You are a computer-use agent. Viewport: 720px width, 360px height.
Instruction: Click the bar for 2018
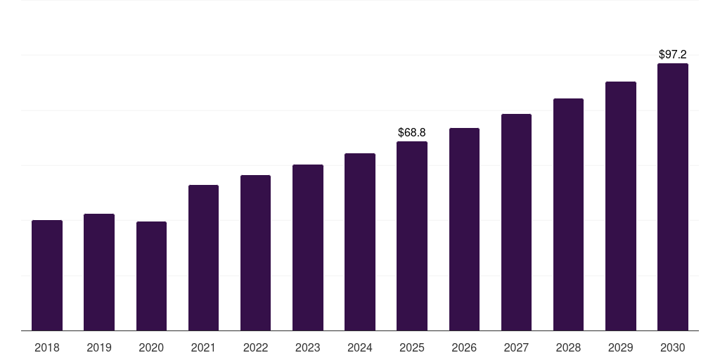pyautogui.click(x=47, y=275)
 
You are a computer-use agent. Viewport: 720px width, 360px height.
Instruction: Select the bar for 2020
pyautogui.click(x=151, y=276)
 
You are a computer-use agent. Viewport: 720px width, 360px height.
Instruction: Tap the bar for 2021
pyautogui.click(x=203, y=257)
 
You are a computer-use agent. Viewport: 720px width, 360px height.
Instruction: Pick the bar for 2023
pyautogui.click(x=308, y=247)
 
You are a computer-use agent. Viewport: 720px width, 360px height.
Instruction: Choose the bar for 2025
pyautogui.click(x=412, y=236)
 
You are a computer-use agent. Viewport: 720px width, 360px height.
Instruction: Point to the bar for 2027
pyautogui.click(x=516, y=222)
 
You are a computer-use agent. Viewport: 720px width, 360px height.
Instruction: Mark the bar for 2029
pyautogui.click(x=620, y=206)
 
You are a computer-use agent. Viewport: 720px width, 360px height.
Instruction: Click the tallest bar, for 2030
pyautogui.click(x=673, y=197)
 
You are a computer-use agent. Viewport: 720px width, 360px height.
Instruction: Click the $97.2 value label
pyautogui.click(x=673, y=54)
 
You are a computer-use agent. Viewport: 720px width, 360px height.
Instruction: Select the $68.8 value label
pyautogui.click(x=412, y=132)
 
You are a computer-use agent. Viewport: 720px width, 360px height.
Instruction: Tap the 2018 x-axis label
pyautogui.click(x=47, y=347)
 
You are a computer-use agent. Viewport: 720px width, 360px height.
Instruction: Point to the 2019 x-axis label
pyautogui.click(x=99, y=347)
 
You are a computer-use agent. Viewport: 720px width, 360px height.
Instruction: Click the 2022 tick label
pyautogui.click(x=255, y=347)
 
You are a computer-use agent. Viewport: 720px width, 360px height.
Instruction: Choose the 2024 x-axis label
pyautogui.click(x=360, y=347)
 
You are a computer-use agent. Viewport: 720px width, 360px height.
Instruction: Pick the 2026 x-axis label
pyautogui.click(x=464, y=347)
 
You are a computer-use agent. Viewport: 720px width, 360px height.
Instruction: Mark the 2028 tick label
pyautogui.click(x=568, y=347)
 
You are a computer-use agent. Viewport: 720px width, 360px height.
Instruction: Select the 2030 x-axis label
pyautogui.click(x=673, y=347)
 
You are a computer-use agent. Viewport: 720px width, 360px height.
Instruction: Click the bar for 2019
pyautogui.click(x=99, y=272)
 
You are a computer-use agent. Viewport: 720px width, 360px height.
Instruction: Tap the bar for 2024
pyautogui.click(x=360, y=242)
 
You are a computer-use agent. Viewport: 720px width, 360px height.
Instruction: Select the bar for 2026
pyautogui.click(x=464, y=229)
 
